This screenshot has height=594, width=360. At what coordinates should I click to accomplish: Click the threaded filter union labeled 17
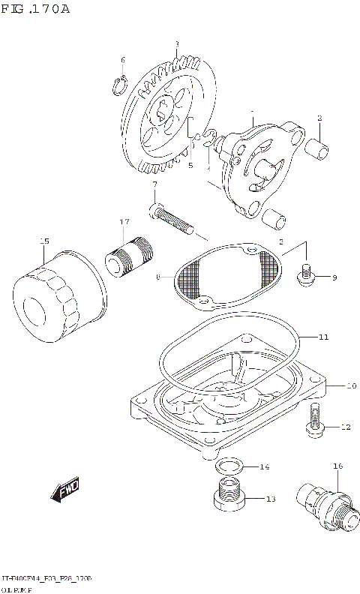point(127,257)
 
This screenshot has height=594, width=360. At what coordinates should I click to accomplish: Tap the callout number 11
point(323,337)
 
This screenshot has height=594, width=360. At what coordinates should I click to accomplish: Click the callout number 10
point(350,386)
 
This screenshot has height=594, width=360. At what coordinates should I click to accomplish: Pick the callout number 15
point(44,241)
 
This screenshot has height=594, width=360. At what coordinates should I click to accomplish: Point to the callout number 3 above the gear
point(176,44)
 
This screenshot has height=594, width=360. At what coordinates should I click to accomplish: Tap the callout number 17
point(124,222)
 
